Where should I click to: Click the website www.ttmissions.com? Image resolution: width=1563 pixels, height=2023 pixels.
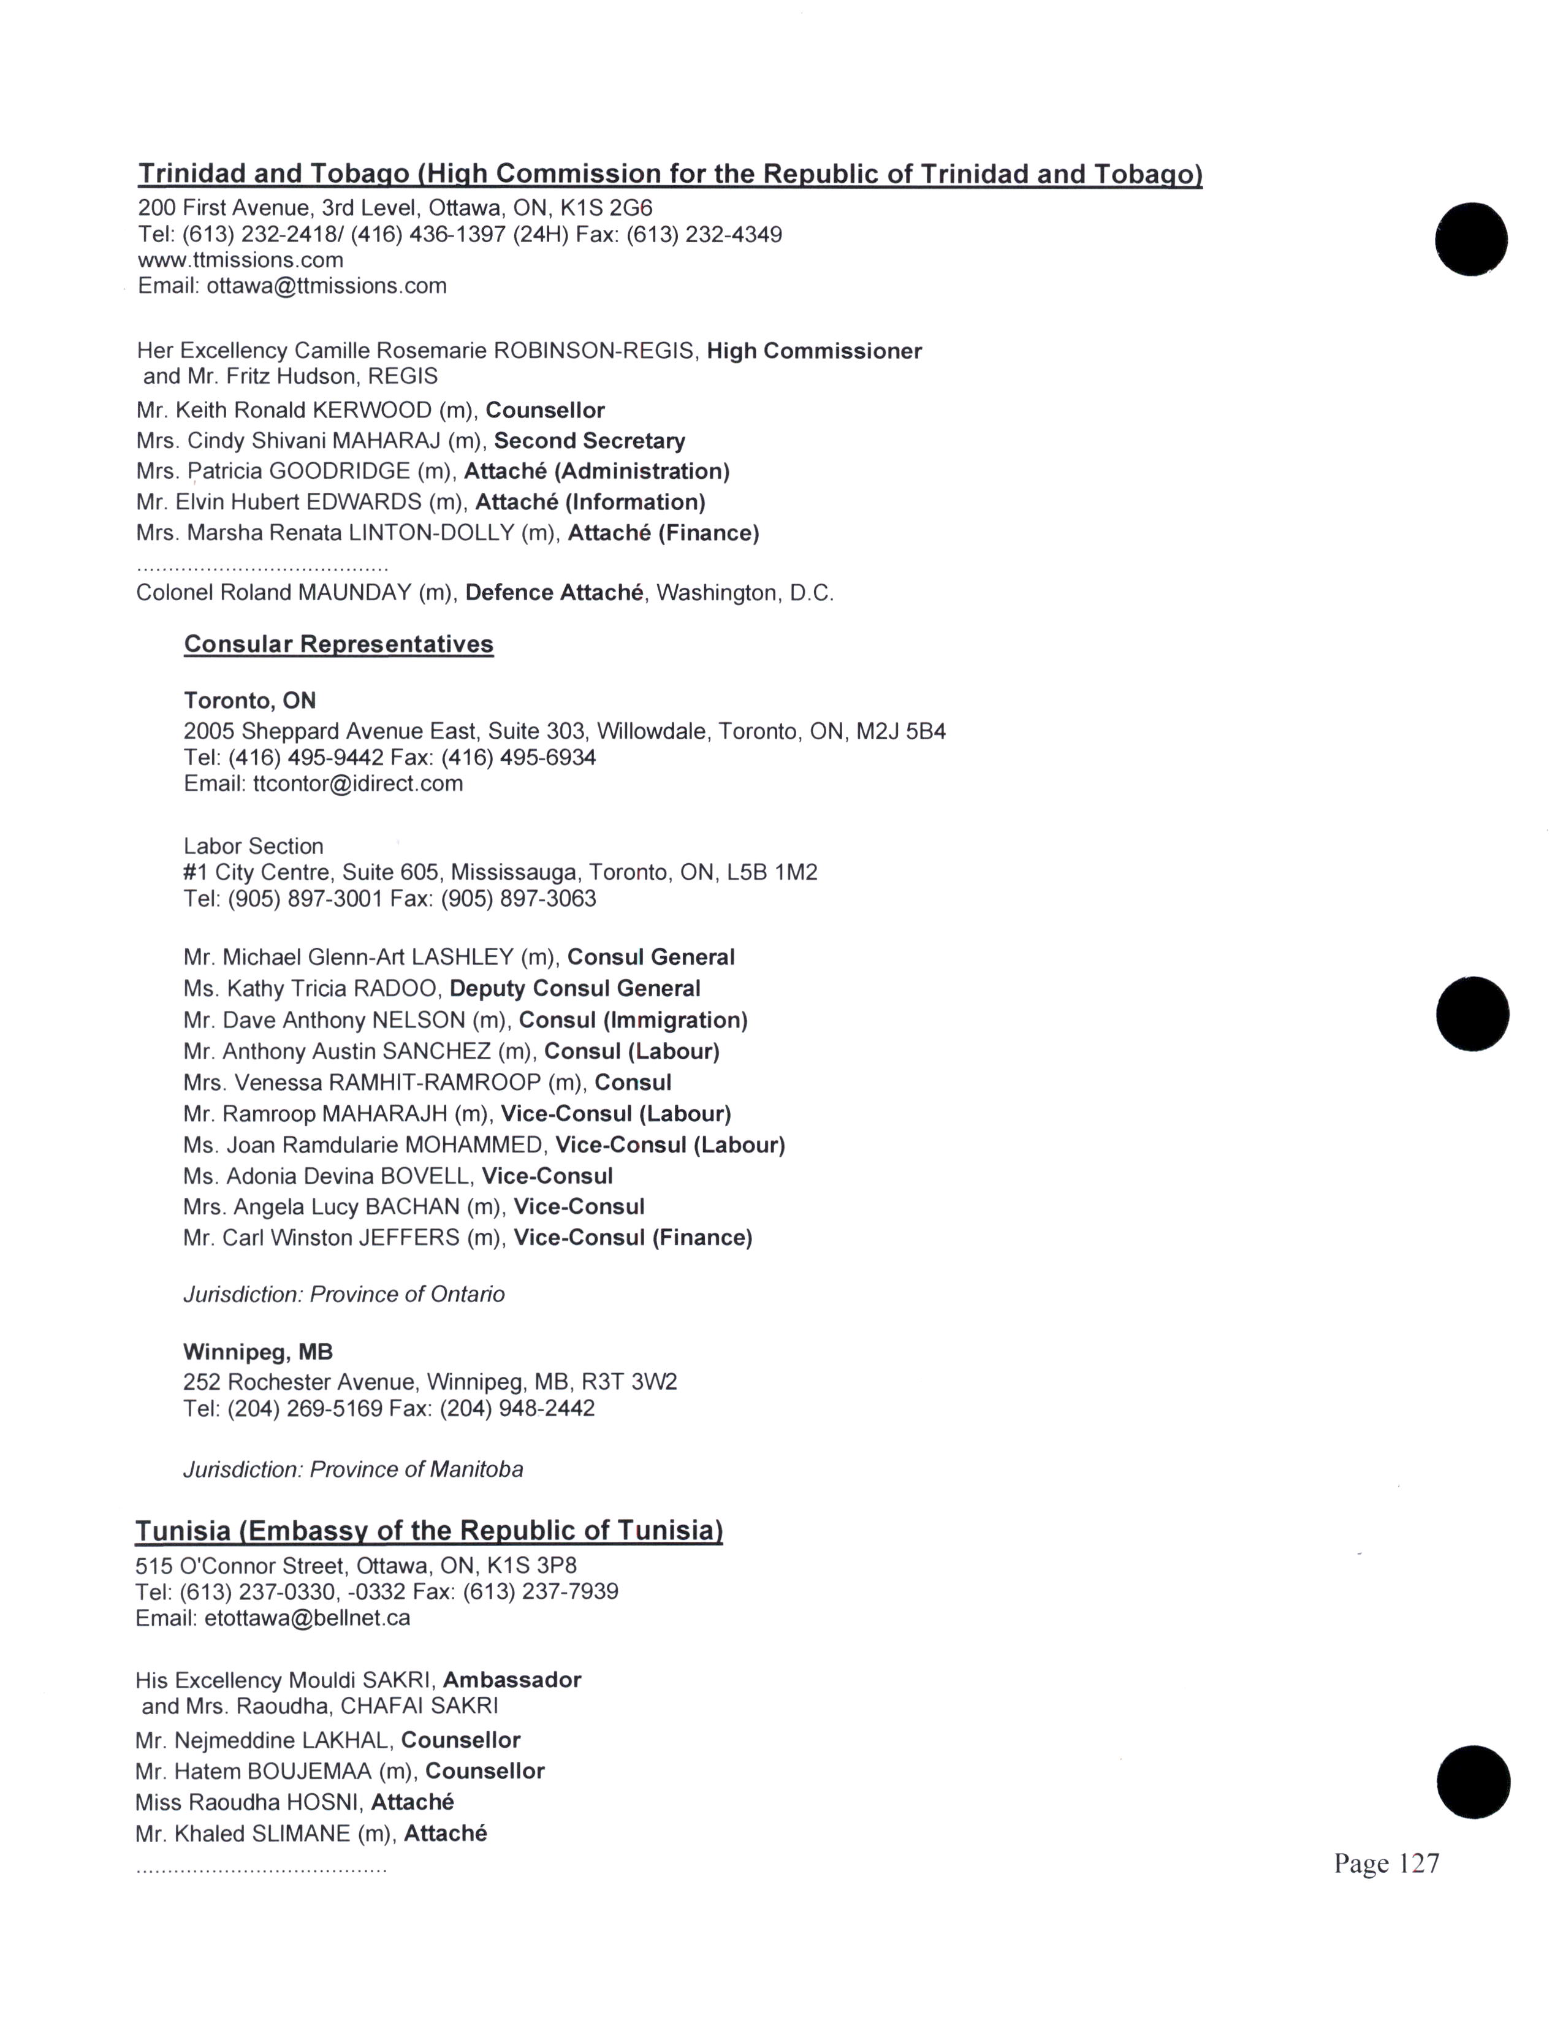click(241, 261)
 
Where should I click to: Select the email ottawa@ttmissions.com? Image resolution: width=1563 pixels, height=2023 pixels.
click(326, 286)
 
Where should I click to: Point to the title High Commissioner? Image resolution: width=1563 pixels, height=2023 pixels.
click(814, 351)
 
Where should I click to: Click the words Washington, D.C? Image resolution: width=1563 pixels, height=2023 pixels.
click(745, 593)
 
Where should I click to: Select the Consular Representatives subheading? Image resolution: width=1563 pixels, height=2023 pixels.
click(339, 645)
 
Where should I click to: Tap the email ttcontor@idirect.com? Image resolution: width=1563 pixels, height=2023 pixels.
click(357, 783)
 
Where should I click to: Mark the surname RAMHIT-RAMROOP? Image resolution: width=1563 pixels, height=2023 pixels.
click(435, 1083)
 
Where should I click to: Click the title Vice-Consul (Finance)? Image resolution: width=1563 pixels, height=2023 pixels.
click(633, 1238)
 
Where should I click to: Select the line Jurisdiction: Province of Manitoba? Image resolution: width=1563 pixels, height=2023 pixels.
click(353, 1469)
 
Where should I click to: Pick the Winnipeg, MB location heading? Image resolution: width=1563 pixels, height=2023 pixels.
click(257, 1352)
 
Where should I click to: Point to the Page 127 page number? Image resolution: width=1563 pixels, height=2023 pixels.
click(1386, 1863)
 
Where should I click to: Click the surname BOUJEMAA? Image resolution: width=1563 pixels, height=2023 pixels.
click(310, 1771)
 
